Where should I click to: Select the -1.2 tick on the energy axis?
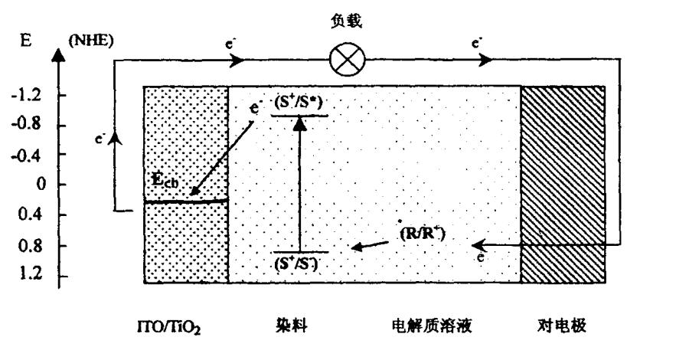tap(29, 95)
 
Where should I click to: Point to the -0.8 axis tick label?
tap(29, 125)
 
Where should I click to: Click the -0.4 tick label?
tap(29, 155)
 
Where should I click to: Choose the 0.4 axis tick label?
tap(31, 215)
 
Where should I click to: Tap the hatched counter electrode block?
tap(563, 184)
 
